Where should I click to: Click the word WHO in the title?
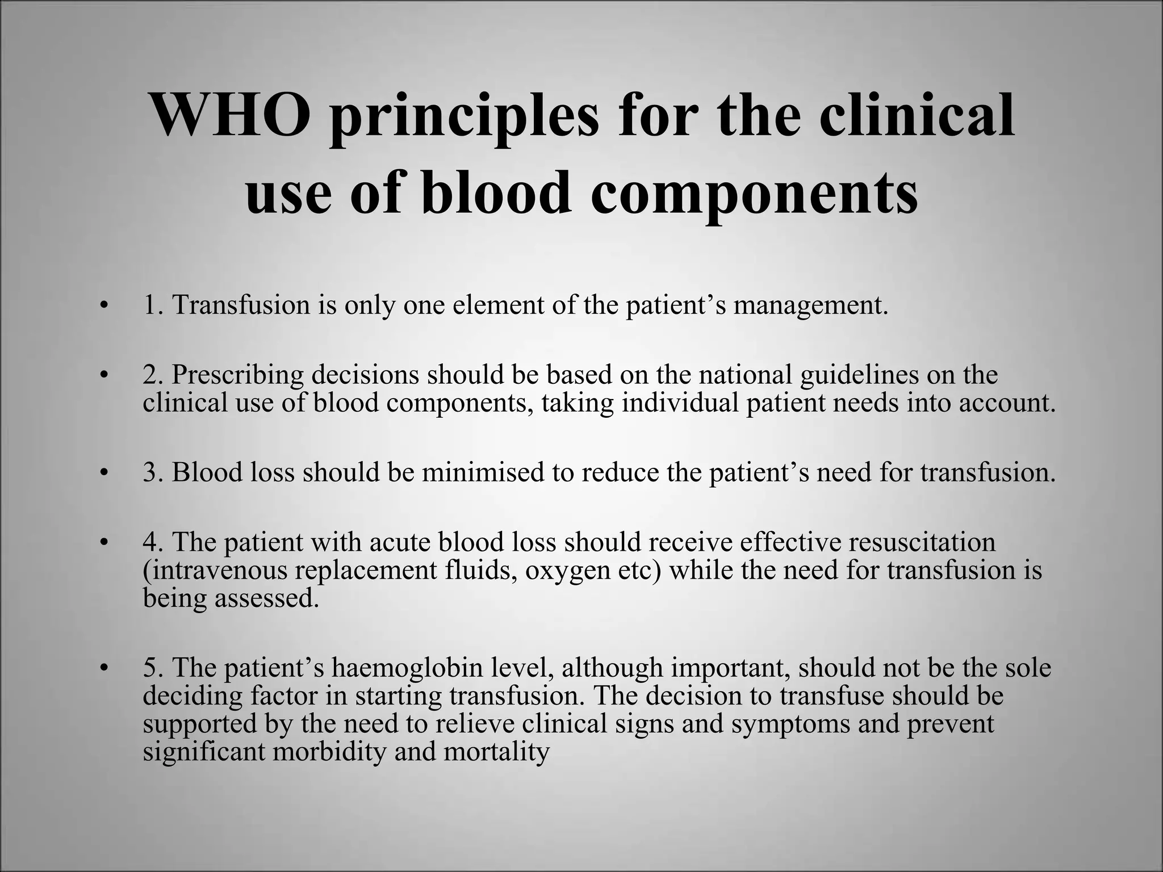click(x=231, y=116)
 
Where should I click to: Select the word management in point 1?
click(x=810, y=307)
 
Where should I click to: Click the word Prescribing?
click(x=238, y=376)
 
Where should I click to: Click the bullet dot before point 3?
click(x=103, y=473)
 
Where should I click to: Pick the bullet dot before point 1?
click(x=103, y=307)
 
